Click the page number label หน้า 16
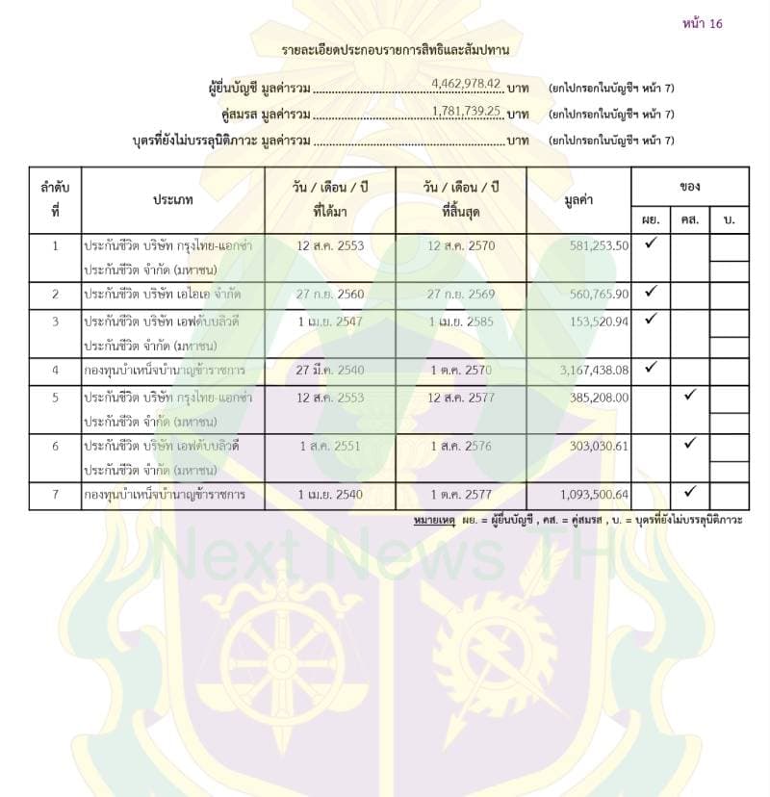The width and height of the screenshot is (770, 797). [702, 23]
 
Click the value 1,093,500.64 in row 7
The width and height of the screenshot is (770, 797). [585, 495]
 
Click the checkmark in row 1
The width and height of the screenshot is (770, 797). [651, 244]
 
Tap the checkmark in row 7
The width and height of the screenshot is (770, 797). [689, 493]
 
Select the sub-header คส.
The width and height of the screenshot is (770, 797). [689, 220]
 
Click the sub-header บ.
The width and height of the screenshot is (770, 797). [729, 220]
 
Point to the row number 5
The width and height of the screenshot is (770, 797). [56, 397]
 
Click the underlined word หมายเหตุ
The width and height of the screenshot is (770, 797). [433, 520]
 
